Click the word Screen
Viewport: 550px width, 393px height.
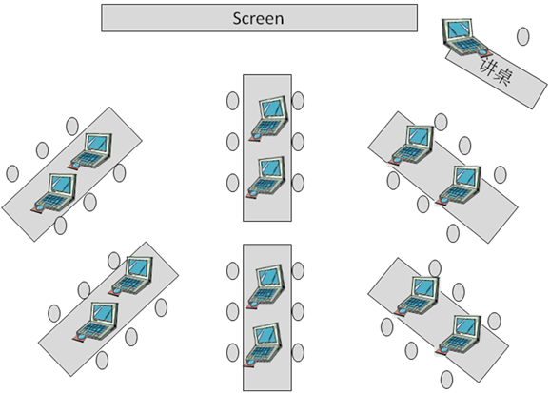coord(258,18)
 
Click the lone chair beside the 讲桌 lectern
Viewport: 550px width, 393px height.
coord(523,36)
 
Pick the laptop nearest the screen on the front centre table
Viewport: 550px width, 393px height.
coord(269,119)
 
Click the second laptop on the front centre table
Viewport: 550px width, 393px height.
coord(265,177)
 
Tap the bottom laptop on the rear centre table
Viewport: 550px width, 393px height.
coord(263,344)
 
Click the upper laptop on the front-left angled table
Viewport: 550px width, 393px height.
coord(90,151)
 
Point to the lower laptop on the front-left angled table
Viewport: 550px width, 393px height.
coord(54,192)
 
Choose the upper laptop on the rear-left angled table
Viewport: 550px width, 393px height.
coord(130,276)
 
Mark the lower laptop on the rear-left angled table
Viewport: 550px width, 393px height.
coord(96,322)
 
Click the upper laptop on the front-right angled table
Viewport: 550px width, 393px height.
coord(411,145)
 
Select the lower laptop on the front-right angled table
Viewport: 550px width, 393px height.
coord(458,186)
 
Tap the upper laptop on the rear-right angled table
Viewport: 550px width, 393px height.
coord(417,296)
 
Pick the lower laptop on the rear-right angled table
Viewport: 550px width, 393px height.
coord(458,335)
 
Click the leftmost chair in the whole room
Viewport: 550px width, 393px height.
coord(12,173)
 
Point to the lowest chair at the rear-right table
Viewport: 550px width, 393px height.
coord(446,380)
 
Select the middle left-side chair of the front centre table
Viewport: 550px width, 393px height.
coord(232,142)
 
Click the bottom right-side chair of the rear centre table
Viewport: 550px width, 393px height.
coord(298,353)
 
